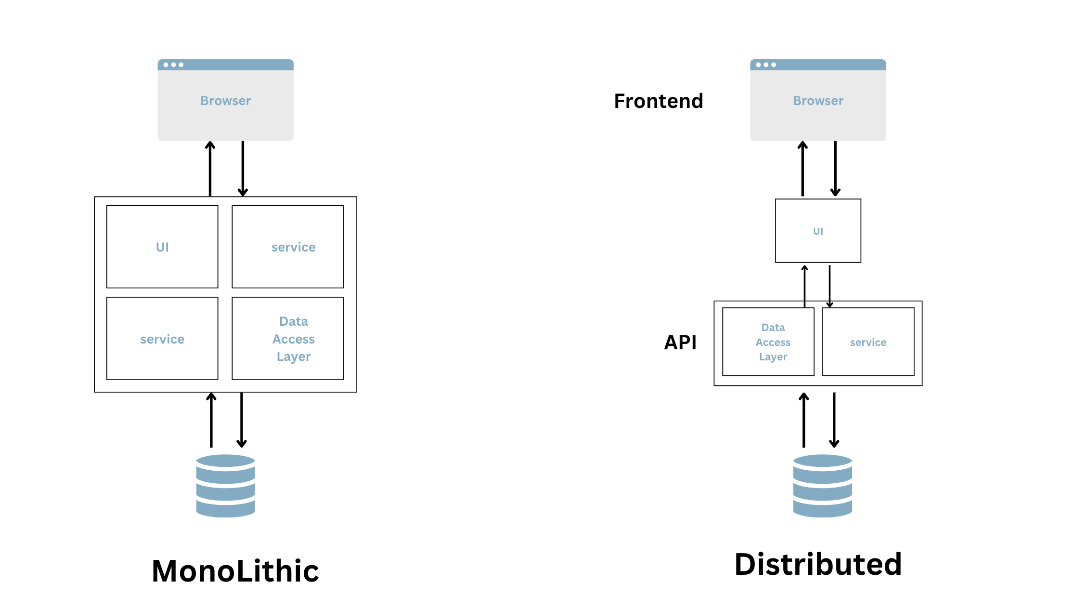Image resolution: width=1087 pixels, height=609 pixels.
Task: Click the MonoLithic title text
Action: [235, 571]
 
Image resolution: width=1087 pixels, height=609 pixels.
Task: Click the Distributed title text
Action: [818, 565]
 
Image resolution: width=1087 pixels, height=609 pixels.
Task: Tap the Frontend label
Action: [658, 101]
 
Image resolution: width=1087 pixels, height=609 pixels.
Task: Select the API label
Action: [680, 343]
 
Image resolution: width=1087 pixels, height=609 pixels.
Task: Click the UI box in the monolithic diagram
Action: [162, 247]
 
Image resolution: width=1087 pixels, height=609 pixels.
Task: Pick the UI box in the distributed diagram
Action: [818, 231]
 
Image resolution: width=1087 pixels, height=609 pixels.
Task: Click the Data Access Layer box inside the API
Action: [768, 342]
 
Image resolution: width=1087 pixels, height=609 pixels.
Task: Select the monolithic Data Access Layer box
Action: [288, 339]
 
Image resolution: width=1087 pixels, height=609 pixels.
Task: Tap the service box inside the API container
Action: [868, 342]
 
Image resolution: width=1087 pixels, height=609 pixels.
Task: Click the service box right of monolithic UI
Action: [288, 247]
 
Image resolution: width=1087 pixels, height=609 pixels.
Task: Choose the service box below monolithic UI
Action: [162, 339]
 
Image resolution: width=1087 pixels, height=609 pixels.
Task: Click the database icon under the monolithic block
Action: [225, 486]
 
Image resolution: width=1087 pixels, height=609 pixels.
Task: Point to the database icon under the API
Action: [822, 486]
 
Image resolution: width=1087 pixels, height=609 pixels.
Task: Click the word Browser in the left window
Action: [225, 101]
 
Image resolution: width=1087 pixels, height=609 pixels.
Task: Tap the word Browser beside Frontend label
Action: [818, 101]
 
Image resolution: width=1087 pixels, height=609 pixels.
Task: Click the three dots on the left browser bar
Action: [173, 65]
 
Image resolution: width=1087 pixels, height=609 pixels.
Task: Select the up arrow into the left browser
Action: [210, 169]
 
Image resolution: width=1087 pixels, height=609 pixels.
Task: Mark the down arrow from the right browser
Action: [835, 169]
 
